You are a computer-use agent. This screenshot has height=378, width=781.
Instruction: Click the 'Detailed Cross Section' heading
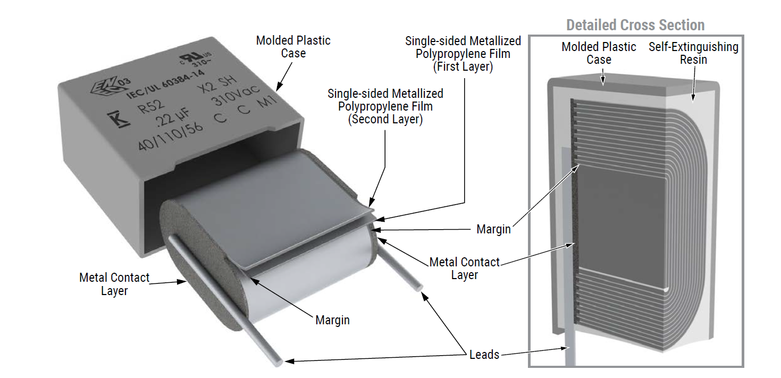coord(635,25)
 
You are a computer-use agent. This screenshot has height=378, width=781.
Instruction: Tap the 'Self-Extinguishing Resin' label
coord(693,53)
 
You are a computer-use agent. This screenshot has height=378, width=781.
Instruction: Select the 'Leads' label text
coord(484,355)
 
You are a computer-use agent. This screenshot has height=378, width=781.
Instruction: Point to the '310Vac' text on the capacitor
coord(230,97)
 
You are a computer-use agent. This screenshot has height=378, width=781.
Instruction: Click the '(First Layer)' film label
coord(463,66)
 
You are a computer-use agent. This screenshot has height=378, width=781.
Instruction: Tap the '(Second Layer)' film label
coord(385,119)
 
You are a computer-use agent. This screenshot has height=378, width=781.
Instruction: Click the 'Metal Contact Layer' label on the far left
coord(114,284)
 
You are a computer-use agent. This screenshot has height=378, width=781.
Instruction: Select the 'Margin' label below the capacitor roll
coord(333,320)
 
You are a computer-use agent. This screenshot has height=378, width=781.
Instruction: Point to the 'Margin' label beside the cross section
coord(493,229)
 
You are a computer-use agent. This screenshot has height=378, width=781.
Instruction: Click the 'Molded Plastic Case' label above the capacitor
coord(293,47)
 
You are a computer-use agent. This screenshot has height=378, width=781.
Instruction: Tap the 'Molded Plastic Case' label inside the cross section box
coord(599,53)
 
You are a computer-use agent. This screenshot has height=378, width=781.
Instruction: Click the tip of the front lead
coord(288,362)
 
